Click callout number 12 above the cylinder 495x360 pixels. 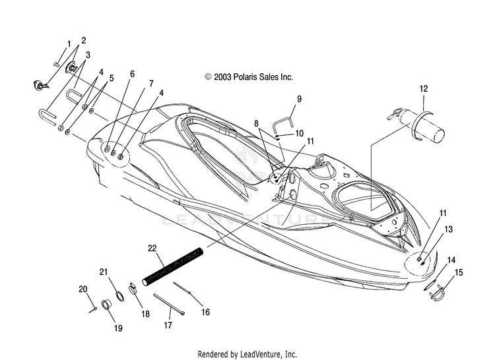click(424, 88)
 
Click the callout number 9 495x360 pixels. click(299, 99)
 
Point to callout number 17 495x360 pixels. click(168, 324)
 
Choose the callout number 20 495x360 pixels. click(83, 289)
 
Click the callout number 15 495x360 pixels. click(459, 272)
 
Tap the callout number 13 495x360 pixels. click(448, 229)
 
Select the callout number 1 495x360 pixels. click(69, 44)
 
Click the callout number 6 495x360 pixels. click(132, 74)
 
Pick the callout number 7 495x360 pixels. click(151, 84)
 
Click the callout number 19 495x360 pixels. click(118, 328)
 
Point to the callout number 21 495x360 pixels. click(104, 272)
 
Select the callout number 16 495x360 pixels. click(205, 312)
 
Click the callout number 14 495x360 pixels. click(451, 260)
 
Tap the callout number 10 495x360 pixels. click(299, 133)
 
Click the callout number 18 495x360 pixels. click(145, 314)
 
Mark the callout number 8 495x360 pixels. click(256, 123)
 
